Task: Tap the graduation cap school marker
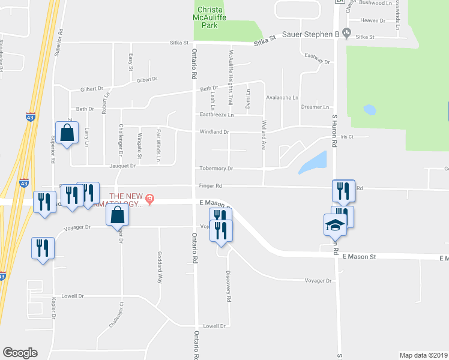(x=336, y=225)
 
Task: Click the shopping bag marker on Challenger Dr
(x=118, y=214)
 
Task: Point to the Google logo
(x=20, y=353)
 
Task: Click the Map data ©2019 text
(x=423, y=355)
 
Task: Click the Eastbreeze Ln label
(x=216, y=114)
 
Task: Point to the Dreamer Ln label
(x=316, y=107)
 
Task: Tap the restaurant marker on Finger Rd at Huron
(x=343, y=190)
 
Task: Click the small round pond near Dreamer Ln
(x=369, y=110)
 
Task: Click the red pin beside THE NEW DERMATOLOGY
(x=150, y=198)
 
